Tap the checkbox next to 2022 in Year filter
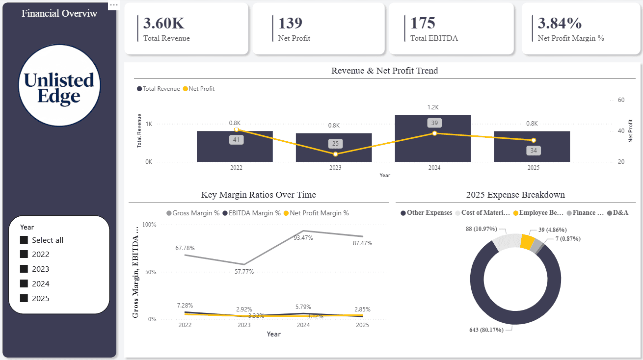[24, 254]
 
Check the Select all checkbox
[24, 240]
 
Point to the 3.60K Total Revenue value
[164, 23]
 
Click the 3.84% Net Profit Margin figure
[560, 23]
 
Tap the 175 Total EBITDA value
[423, 23]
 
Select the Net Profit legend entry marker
[186, 89]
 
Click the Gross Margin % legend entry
[192, 213]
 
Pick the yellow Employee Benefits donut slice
[527, 242]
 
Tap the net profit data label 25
[335, 144]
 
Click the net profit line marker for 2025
[533, 140]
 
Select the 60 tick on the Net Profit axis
[621, 100]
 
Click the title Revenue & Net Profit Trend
[384, 71]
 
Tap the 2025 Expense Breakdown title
[515, 195]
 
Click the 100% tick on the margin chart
[149, 225]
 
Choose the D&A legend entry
[620, 213]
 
